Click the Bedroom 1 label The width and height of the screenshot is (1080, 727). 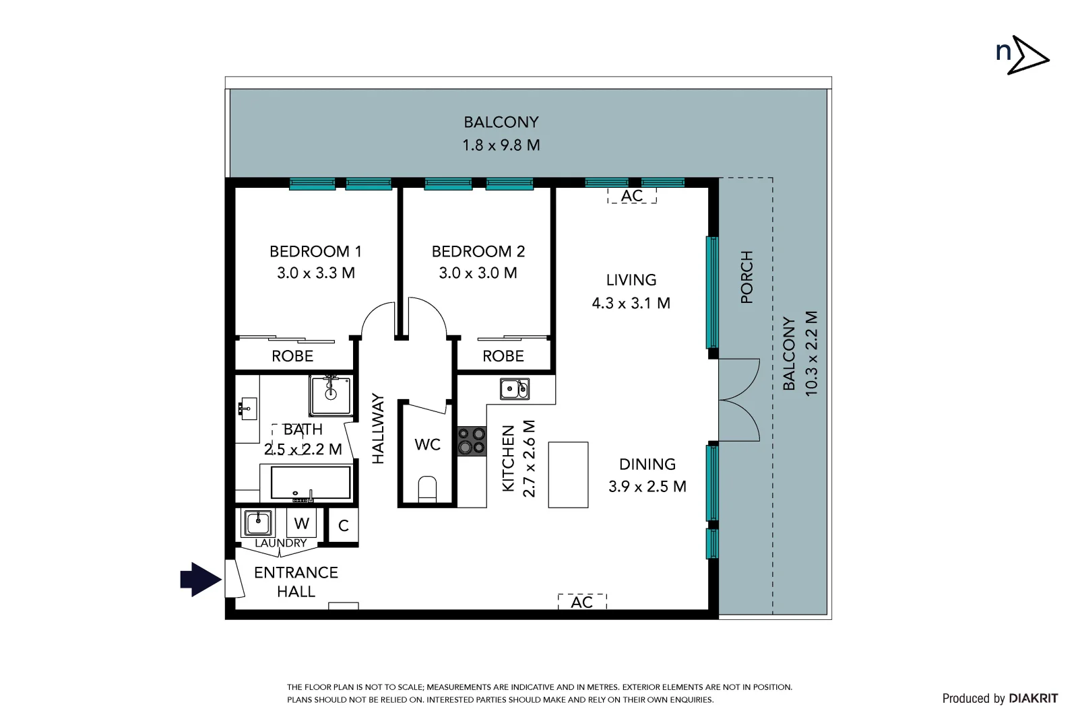315,252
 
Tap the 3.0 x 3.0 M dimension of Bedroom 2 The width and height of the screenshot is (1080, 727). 478,273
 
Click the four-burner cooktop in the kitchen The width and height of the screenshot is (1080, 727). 472,441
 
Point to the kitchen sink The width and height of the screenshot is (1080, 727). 514,388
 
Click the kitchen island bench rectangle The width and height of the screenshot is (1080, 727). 568,475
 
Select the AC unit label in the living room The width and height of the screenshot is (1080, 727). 632,196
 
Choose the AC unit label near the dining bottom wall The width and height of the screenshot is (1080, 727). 582,602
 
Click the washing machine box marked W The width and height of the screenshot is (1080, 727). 302,523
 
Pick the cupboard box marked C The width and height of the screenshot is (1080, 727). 343,526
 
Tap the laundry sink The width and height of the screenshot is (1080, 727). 257,522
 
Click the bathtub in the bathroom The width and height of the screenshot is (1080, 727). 310,483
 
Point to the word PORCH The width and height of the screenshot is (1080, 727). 747,277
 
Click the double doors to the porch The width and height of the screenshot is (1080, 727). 739,401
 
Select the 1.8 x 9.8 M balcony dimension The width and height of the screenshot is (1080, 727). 501,145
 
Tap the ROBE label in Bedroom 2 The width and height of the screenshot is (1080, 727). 503,356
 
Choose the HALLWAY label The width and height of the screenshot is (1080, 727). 378,429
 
